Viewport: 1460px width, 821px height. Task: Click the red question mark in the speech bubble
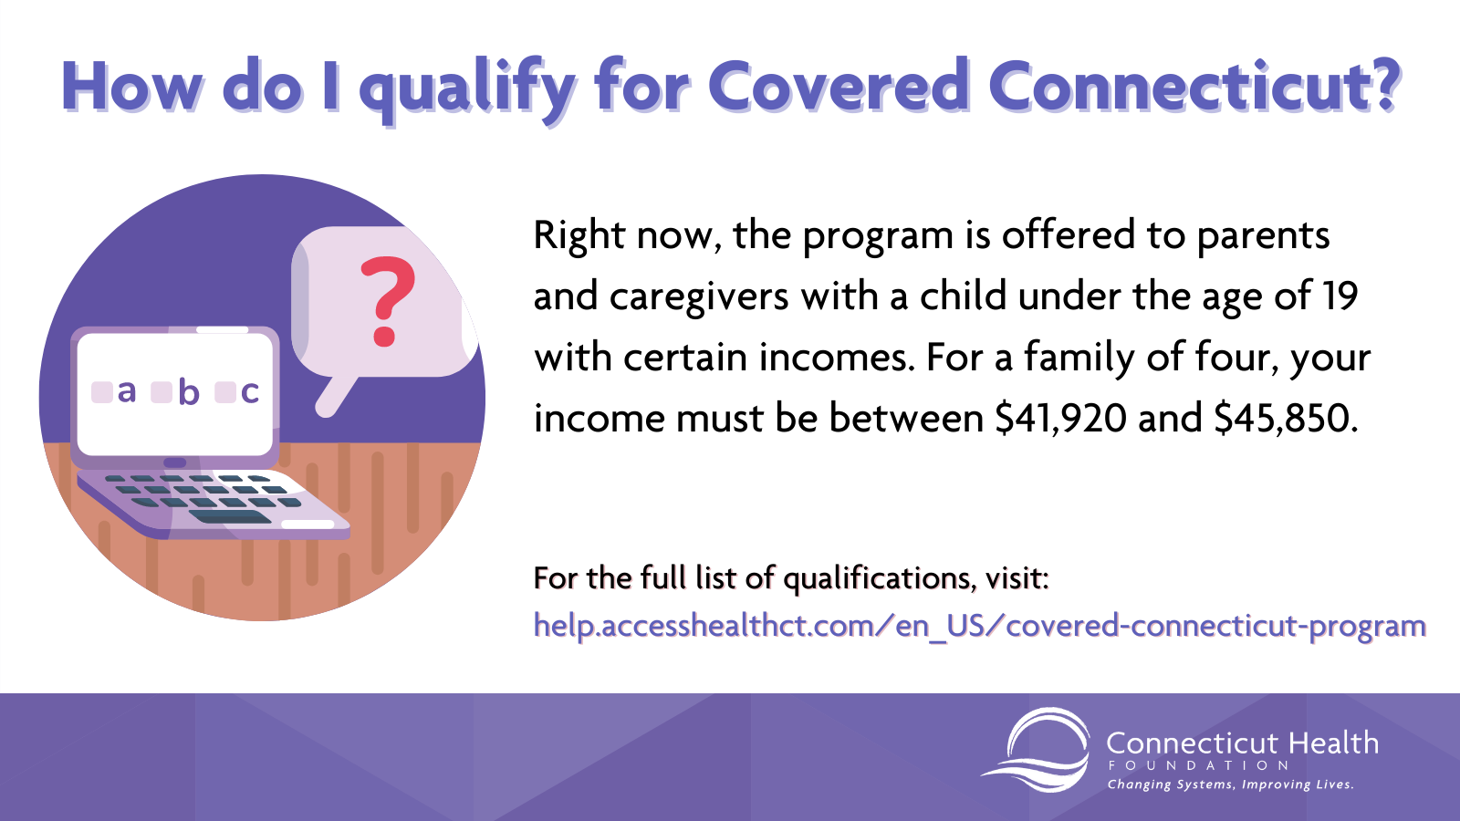[387, 300]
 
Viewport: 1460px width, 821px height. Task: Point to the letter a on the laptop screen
[127, 391]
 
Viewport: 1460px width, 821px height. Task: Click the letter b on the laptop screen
[188, 391]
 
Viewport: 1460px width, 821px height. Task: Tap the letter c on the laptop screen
[250, 391]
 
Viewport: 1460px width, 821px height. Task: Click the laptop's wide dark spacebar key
[230, 516]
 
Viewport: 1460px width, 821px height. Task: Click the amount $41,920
[1061, 419]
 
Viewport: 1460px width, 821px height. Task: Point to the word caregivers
[699, 297]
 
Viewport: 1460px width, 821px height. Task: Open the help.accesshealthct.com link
[980, 626]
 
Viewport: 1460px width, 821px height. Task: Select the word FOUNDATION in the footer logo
[1198, 765]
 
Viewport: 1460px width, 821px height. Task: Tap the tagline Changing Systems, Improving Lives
[1231, 785]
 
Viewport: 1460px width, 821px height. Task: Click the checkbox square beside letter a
[101, 392]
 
